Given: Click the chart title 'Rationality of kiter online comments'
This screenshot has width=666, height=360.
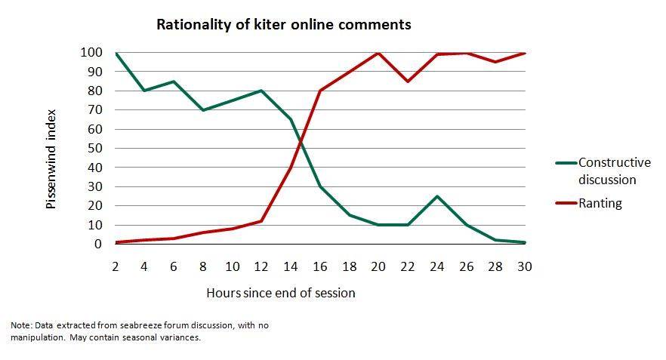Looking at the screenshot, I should click(283, 24).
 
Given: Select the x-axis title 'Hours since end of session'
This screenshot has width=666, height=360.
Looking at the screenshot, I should click(280, 293).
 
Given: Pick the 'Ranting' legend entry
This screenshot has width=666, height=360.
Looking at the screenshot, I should click(600, 202).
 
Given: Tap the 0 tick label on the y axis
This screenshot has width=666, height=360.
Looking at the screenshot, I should click(97, 245).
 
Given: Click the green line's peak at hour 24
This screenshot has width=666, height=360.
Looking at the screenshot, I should click(436, 196).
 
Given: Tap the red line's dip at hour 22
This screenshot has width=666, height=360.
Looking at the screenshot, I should click(407, 82).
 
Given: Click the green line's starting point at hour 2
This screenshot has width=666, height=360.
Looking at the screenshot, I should click(115, 53).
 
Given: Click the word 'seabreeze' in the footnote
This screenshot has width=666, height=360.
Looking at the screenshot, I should click(119, 325).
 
